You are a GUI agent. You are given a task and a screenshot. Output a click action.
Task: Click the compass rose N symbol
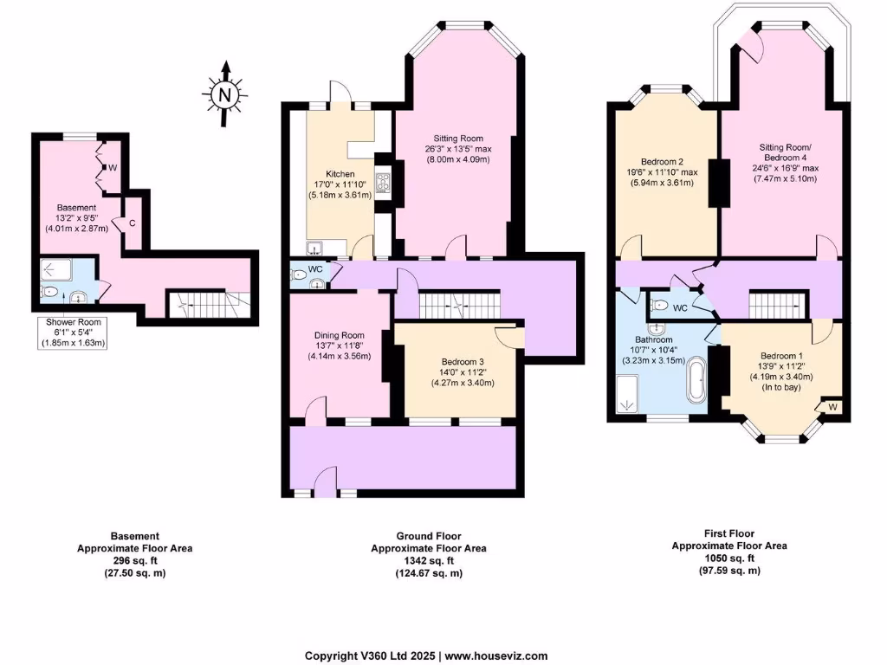click(x=224, y=94)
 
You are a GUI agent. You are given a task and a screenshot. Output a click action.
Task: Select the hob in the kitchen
click(x=383, y=182)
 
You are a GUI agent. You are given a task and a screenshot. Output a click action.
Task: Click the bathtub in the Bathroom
click(x=696, y=382)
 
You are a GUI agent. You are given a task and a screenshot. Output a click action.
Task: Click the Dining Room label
click(x=339, y=335)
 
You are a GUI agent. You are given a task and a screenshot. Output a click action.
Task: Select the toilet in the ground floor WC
click(x=300, y=274)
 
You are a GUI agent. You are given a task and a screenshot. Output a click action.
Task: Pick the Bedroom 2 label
click(x=664, y=161)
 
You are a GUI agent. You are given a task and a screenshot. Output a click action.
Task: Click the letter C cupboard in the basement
click(x=132, y=223)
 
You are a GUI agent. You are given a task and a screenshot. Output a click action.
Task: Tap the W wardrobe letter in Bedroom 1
click(x=832, y=406)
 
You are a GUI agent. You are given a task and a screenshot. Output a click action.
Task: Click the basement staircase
click(x=206, y=303)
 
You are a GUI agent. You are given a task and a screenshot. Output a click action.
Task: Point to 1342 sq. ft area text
click(x=428, y=561)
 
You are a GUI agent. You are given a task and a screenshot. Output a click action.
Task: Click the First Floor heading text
click(x=728, y=533)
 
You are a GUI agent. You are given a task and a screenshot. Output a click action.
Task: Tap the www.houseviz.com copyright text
click(x=495, y=655)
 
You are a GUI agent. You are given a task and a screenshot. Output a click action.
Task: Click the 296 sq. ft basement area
click(x=134, y=561)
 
